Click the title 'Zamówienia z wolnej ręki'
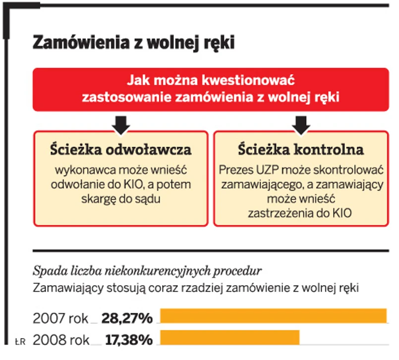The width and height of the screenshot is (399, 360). tap(133, 43)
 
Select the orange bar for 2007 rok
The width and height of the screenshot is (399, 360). tap(273, 316)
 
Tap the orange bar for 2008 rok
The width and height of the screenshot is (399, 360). tap(229, 337)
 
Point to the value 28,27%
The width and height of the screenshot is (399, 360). tap(127, 317)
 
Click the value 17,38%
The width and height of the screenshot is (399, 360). tap(129, 340)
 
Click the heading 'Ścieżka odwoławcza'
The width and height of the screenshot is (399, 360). tap(121, 149)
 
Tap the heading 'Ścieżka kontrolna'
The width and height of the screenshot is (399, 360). tap(300, 149)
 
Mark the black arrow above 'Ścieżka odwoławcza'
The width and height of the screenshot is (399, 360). tap(121, 124)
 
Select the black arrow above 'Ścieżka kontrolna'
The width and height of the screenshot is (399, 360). tap(300, 124)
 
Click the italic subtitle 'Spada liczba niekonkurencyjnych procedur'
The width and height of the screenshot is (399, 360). tap(147, 271)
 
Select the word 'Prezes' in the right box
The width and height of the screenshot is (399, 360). tap(236, 171)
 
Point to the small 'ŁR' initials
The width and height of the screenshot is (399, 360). tap(20, 341)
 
